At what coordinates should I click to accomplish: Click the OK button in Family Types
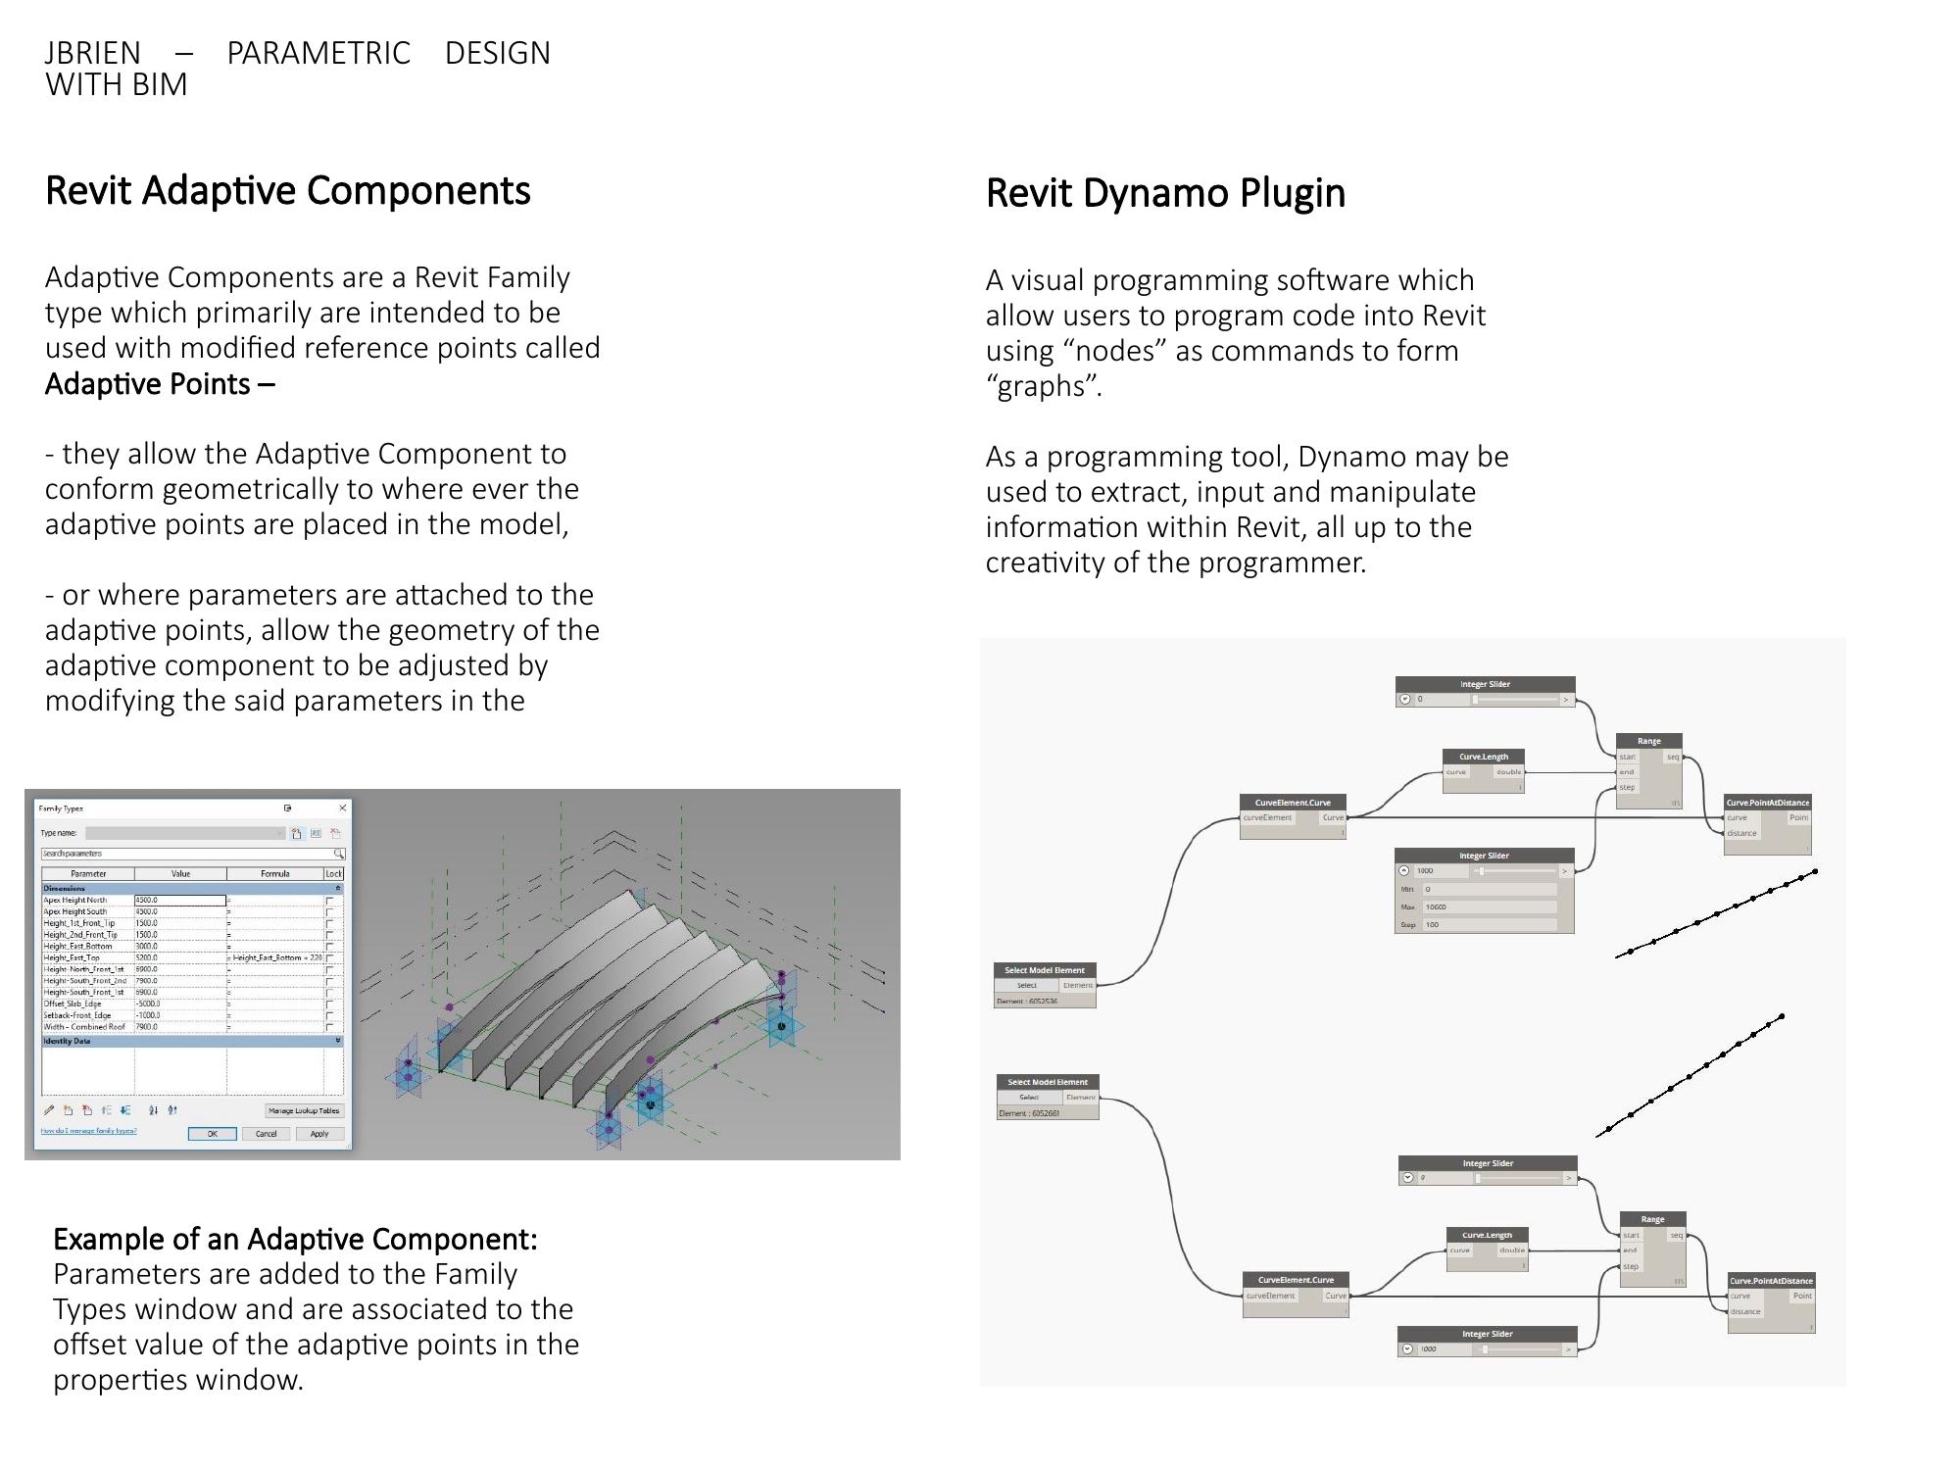point(212,1134)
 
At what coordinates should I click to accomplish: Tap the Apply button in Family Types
point(319,1134)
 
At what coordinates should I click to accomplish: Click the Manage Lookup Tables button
point(304,1111)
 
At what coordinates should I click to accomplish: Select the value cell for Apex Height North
point(179,900)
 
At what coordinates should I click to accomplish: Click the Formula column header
point(274,873)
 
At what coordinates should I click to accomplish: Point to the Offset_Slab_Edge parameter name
point(73,1004)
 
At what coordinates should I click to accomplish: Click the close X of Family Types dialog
point(343,808)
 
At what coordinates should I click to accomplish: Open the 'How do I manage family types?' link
point(88,1131)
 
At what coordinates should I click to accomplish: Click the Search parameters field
point(186,854)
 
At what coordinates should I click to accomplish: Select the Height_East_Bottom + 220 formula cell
point(277,957)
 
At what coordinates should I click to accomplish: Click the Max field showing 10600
point(1488,907)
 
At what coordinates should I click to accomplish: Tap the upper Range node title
point(1649,741)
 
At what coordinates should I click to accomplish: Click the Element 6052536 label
point(1027,1002)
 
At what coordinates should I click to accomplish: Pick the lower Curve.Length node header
point(1487,1235)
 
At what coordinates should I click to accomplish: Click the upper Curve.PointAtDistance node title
point(1768,803)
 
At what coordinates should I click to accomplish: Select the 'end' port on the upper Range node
point(1627,772)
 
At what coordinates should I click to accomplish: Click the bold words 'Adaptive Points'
point(147,384)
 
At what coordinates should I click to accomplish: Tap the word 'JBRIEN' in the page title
point(92,53)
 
